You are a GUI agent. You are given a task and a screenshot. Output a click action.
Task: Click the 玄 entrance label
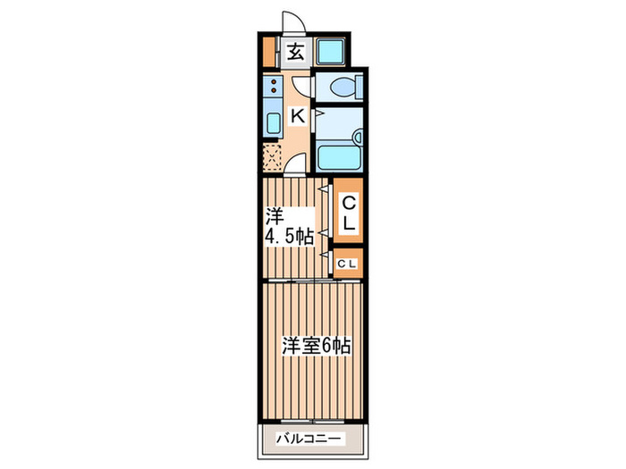pyautogui.click(x=295, y=52)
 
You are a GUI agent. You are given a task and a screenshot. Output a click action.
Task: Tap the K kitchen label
pyautogui.click(x=298, y=116)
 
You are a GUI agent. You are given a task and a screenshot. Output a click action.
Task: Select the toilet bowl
pyautogui.click(x=343, y=87)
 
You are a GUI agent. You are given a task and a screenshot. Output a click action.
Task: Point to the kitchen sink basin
pyautogui.click(x=274, y=123)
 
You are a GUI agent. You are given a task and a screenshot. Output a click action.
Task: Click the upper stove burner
pyautogui.click(x=274, y=82)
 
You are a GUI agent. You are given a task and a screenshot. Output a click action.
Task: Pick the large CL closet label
pyautogui.click(x=349, y=213)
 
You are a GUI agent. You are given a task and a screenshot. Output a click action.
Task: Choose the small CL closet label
pyautogui.click(x=347, y=264)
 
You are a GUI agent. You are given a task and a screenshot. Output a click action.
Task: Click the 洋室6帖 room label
pyautogui.click(x=317, y=346)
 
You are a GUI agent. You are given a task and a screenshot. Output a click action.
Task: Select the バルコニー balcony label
pyautogui.click(x=309, y=440)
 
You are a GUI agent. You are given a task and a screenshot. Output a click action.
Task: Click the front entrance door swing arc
pyautogui.click(x=294, y=19)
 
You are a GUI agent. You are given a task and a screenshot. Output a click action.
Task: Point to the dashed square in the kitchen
pyautogui.click(x=273, y=158)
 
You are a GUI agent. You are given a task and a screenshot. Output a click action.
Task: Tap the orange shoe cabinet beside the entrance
pyautogui.click(x=269, y=52)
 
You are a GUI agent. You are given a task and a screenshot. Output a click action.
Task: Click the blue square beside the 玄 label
pyautogui.click(x=331, y=52)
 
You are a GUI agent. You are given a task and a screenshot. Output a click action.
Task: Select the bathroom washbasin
pyautogui.click(x=358, y=137)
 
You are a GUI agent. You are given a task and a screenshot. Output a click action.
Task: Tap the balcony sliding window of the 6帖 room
pyautogui.click(x=313, y=421)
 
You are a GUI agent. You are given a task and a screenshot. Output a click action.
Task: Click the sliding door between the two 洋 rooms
pyautogui.click(x=314, y=281)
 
